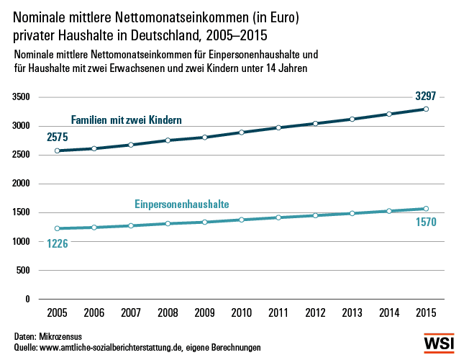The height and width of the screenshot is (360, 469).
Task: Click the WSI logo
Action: point(440,343)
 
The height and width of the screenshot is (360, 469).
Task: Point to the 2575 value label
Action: point(58,137)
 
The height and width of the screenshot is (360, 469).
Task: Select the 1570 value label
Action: point(426,222)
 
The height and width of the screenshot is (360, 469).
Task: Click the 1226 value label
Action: point(58,243)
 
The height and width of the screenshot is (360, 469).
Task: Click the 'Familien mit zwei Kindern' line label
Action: point(126,120)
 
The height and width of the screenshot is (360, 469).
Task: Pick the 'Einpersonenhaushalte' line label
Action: point(181,204)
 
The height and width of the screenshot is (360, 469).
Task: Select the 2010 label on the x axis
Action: point(242,313)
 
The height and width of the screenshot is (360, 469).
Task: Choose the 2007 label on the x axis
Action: point(131,313)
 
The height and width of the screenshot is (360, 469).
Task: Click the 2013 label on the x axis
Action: point(352,313)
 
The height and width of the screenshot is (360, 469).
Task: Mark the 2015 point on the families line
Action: point(426,109)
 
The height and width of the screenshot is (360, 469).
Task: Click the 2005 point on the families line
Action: point(58,150)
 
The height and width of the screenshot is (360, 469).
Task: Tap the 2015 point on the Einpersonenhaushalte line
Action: point(426,209)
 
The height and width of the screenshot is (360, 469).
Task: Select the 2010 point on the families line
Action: point(242,132)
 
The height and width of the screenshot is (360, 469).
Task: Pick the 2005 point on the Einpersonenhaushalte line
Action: point(58,228)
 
